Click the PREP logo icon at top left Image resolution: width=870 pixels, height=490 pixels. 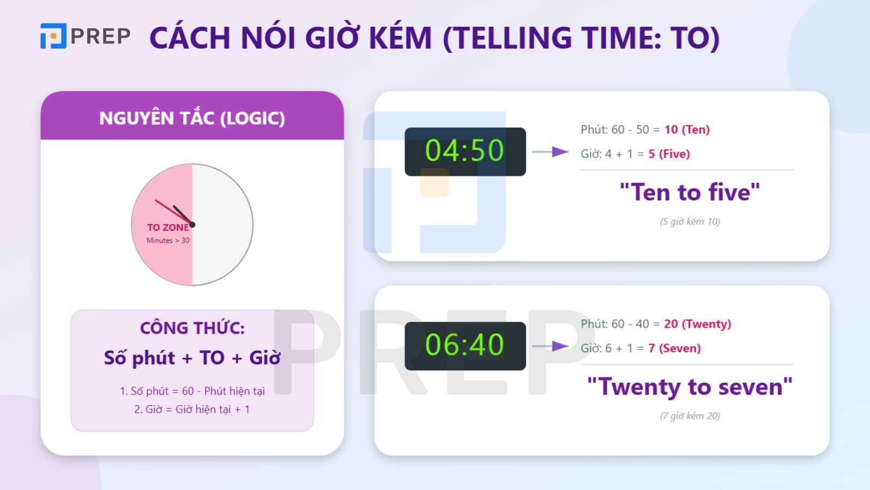[x=53, y=36]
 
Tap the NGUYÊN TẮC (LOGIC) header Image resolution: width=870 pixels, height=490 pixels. [x=192, y=118]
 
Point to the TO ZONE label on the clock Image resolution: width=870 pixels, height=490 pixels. [x=167, y=228]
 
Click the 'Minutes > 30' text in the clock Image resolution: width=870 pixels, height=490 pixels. [x=168, y=241]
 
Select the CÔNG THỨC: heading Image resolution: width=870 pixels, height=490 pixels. [x=192, y=328]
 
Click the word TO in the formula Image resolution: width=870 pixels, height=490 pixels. [x=212, y=358]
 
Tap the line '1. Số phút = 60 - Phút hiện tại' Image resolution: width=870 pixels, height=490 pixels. [x=192, y=391]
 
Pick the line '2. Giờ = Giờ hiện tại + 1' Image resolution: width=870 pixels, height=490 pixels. [x=192, y=409]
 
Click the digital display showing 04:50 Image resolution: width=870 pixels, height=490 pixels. [x=465, y=151]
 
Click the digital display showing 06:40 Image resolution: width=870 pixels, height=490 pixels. [x=465, y=346]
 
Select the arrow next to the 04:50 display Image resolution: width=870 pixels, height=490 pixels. [x=550, y=152]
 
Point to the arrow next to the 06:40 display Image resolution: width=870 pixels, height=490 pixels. [x=550, y=346]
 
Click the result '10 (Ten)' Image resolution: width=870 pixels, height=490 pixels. [x=687, y=130]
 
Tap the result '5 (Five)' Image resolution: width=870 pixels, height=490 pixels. [x=669, y=154]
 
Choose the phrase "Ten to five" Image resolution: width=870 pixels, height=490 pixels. [x=689, y=193]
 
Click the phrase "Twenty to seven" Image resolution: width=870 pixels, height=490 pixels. [x=689, y=387]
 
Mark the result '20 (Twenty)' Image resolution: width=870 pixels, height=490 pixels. [x=697, y=324]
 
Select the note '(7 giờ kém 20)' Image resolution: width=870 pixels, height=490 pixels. [x=689, y=416]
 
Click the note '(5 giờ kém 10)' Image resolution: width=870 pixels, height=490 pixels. [x=689, y=222]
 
